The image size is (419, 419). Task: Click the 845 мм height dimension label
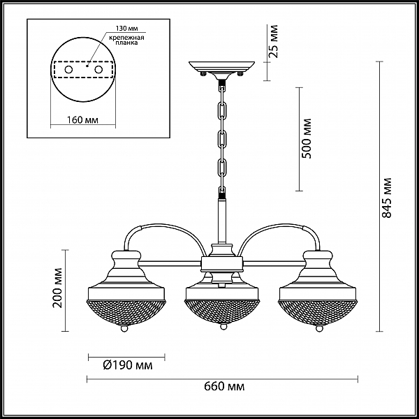pyautogui.click(x=387, y=198)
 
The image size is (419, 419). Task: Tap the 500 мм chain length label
pyautogui.click(x=307, y=138)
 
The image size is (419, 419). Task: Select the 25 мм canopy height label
pyautogui.click(x=273, y=41)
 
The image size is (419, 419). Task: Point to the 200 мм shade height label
pyautogui.click(x=57, y=288)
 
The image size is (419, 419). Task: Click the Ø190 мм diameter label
pyautogui.click(x=128, y=365)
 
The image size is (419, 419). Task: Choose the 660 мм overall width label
pyautogui.click(x=224, y=386)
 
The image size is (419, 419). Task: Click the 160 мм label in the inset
pyautogui.click(x=82, y=120)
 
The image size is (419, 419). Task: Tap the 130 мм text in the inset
pyautogui.click(x=126, y=29)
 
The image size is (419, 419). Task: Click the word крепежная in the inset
pyautogui.click(x=126, y=38)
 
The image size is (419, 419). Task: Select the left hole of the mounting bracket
pyautogui.click(x=68, y=70)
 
